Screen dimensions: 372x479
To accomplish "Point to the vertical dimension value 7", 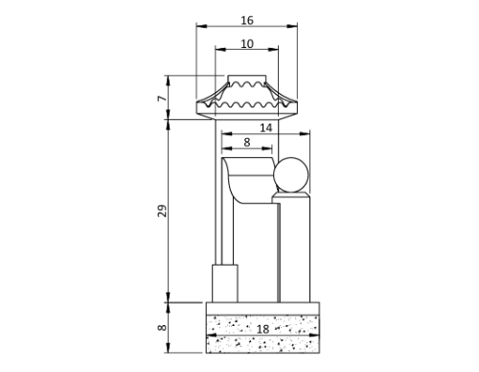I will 163,98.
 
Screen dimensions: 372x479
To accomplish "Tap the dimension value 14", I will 266,127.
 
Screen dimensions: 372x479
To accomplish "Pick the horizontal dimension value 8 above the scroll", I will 247,142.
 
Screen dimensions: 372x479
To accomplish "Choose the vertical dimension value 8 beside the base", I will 163,327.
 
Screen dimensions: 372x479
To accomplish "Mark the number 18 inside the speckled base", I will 262,330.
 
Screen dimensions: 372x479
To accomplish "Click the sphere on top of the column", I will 291,176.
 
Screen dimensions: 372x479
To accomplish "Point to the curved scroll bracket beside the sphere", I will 247,182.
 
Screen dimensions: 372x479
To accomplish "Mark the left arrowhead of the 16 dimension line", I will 198,26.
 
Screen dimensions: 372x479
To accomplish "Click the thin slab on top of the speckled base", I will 262,307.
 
